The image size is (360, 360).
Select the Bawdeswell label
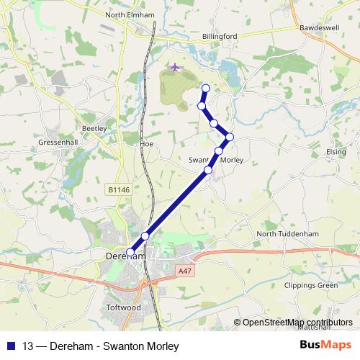click(320, 28)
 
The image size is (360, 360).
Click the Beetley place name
click(94, 128)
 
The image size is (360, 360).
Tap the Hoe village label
click(147, 144)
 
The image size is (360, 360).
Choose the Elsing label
click(336, 153)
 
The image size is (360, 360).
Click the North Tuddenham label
click(287, 234)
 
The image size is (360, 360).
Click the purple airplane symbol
click(175, 67)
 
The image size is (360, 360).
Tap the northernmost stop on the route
click(205, 89)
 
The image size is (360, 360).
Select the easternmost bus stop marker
click(230, 137)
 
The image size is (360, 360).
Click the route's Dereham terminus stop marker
click(130, 252)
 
